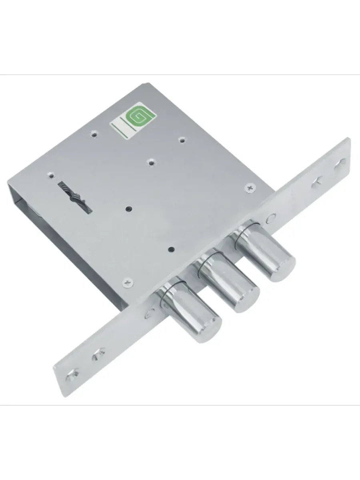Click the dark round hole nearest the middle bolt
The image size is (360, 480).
point(171,249)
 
